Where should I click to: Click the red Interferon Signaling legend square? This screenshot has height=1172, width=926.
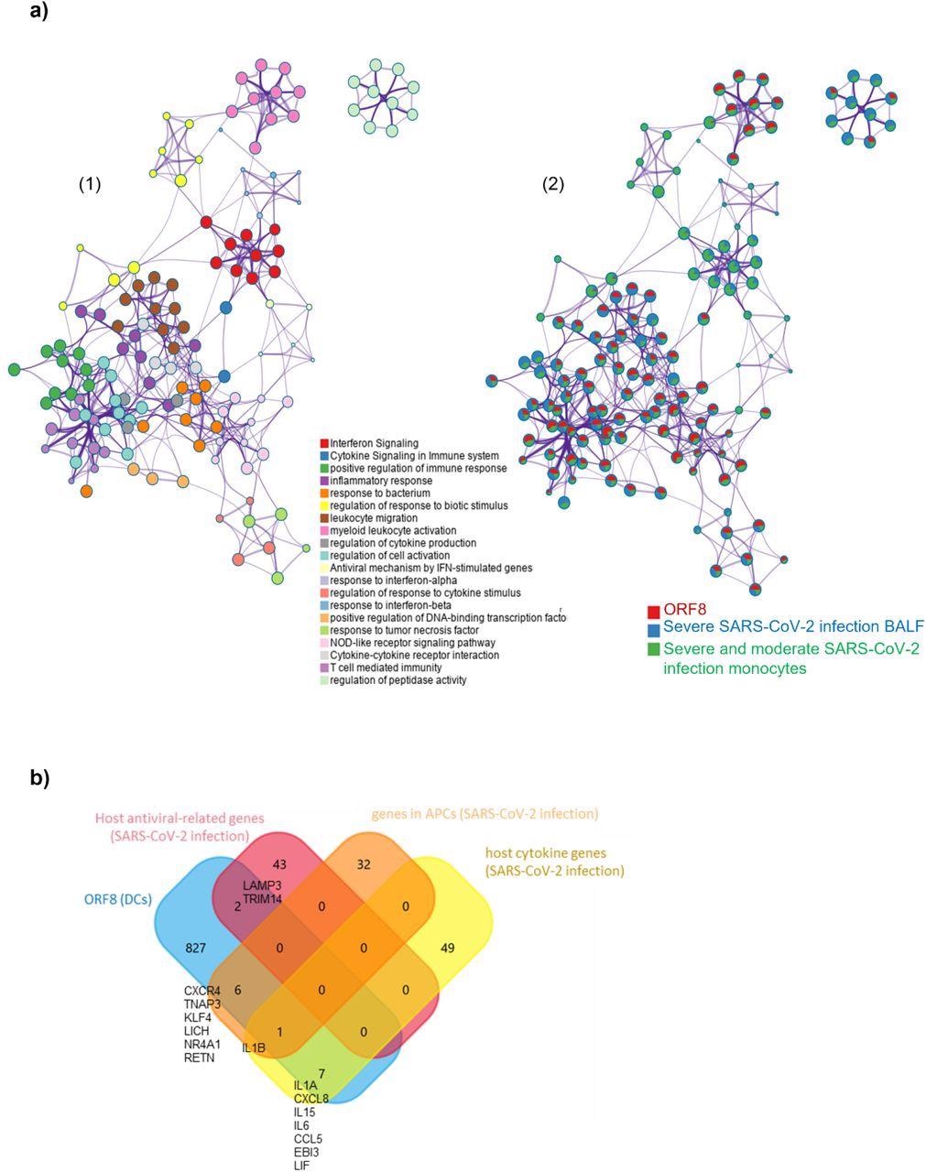[x=323, y=443]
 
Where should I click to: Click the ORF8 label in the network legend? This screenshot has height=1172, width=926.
[x=685, y=610]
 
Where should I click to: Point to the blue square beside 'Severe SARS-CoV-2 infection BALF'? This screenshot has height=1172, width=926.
[x=653, y=630]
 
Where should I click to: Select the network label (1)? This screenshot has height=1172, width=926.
[x=89, y=184]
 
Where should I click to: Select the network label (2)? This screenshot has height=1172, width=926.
[x=553, y=184]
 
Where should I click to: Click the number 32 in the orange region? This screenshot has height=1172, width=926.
[x=364, y=864]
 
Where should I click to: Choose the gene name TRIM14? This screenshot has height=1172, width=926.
[x=262, y=899]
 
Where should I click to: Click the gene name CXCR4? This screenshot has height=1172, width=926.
[x=202, y=991]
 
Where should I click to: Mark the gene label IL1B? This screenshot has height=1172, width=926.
[x=254, y=1047]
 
